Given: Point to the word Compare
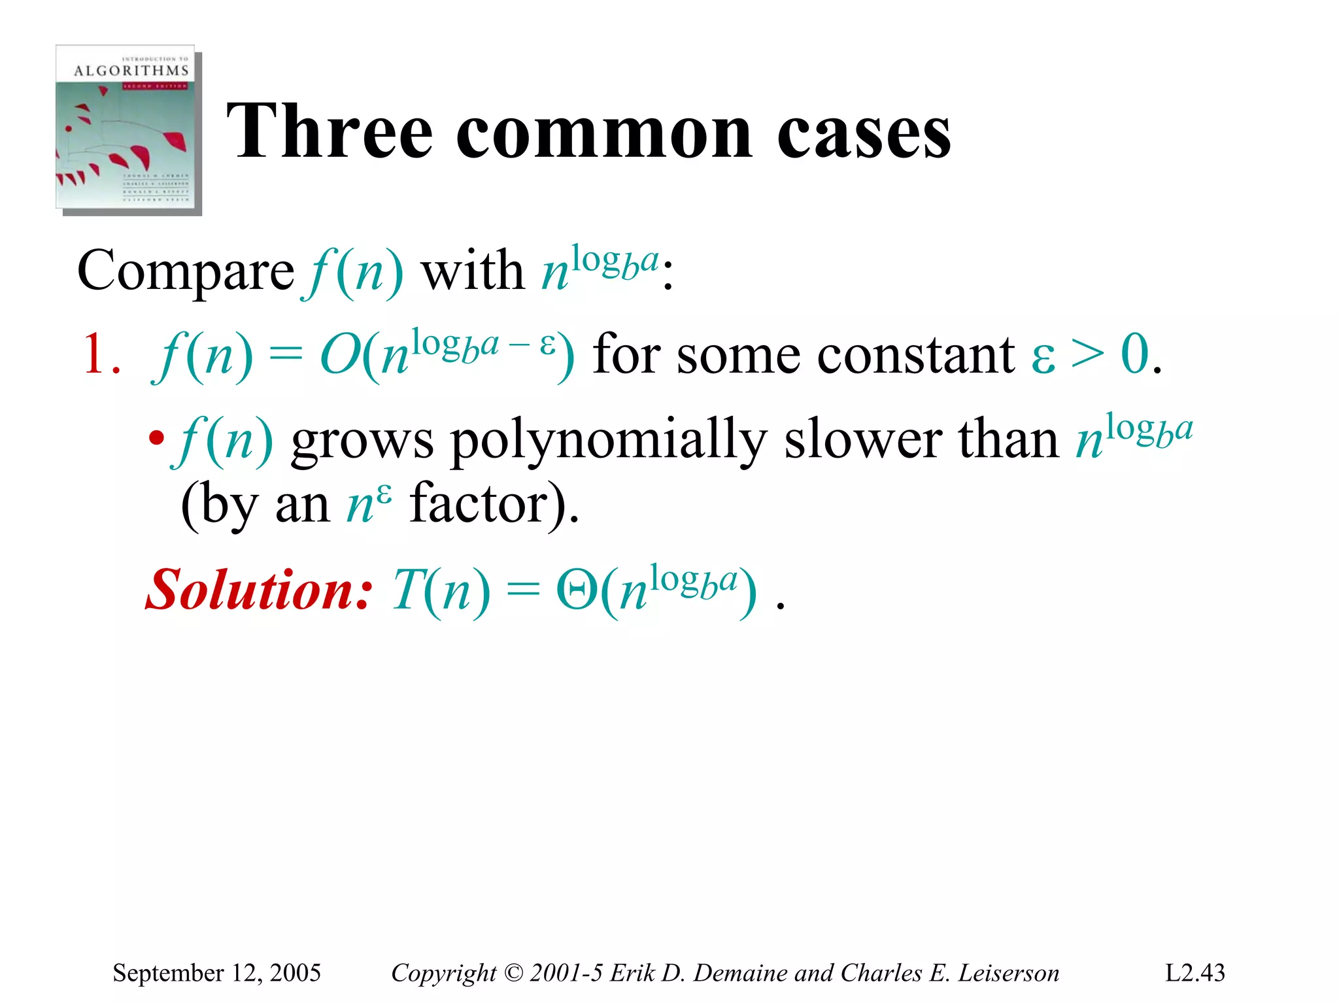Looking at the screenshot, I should point(186,271).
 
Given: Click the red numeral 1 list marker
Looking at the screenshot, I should point(93,354).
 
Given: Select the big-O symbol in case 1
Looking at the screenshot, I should point(339,355).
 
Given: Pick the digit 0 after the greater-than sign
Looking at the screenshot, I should point(1135,354).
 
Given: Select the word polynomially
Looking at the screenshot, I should point(608,441).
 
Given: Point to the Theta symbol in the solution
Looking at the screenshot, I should point(576,590).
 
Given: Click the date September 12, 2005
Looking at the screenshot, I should point(216,973).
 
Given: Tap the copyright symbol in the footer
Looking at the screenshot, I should point(514,973).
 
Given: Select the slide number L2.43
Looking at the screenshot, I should point(1195,973).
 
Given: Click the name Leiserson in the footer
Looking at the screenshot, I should point(1008,973).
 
